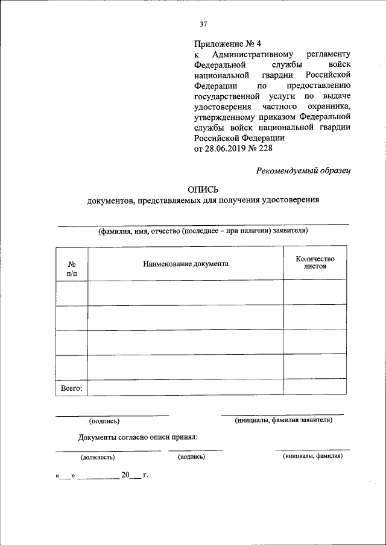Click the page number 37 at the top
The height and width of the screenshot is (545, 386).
203,24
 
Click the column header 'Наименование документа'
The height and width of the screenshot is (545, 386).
186,264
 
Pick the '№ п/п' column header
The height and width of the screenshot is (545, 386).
72,269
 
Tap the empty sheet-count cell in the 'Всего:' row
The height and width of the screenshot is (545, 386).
315,387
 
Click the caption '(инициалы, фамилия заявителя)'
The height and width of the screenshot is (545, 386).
283,420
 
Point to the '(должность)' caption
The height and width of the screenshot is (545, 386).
98,457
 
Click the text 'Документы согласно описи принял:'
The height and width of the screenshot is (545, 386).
138,438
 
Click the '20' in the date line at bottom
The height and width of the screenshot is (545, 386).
125,475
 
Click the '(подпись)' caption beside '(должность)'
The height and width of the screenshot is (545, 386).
192,457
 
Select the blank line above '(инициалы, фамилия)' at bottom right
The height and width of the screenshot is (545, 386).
312,449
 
